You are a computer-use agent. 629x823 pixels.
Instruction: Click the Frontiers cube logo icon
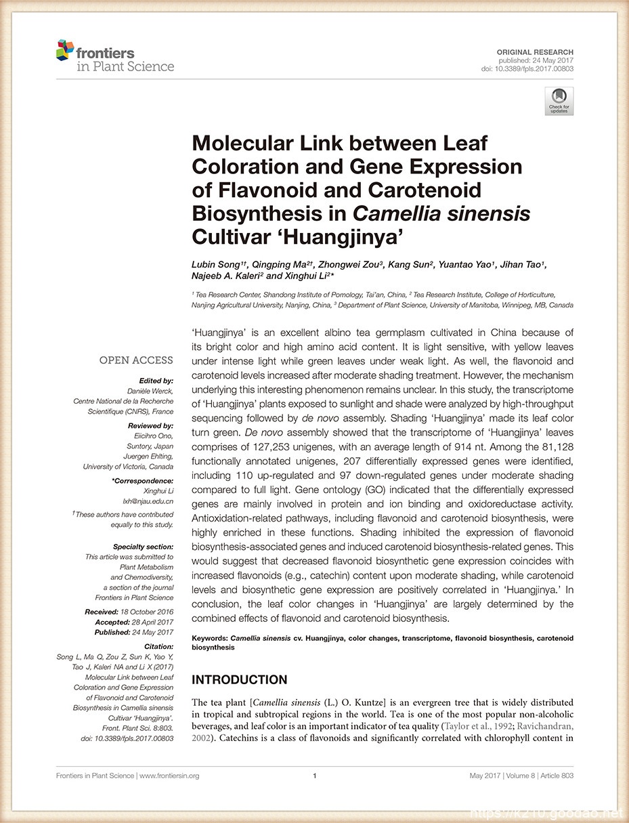pyautogui.click(x=65, y=49)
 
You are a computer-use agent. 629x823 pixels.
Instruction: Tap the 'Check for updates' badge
pyautogui.click(x=559, y=101)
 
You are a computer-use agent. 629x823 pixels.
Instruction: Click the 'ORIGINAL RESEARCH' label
pyautogui.click(x=535, y=52)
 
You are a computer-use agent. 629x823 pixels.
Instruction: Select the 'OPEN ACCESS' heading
pyautogui.click(x=136, y=360)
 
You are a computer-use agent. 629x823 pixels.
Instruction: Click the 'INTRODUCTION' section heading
pyautogui.click(x=240, y=679)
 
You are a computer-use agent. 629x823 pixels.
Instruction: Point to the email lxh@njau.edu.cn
pyautogui.click(x=148, y=501)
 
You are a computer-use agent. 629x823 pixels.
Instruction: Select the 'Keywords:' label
pyautogui.click(x=210, y=638)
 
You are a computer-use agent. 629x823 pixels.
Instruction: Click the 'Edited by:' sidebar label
pyautogui.click(x=156, y=381)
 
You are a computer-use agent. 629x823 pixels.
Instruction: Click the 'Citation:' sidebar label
pyautogui.click(x=158, y=647)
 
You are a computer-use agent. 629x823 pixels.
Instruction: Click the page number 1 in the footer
pyautogui.click(x=315, y=776)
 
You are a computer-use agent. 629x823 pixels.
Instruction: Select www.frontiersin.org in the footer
pyautogui.click(x=169, y=776)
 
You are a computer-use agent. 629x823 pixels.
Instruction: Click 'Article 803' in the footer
pyautogui.click(x=556, y=776)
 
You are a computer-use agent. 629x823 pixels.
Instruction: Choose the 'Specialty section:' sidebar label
pyautogui.click(x=143, y=546)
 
